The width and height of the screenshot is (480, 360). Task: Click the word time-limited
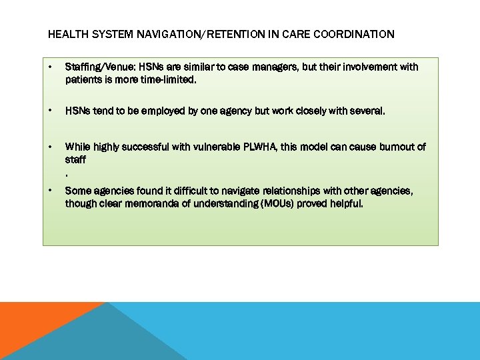170,79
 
